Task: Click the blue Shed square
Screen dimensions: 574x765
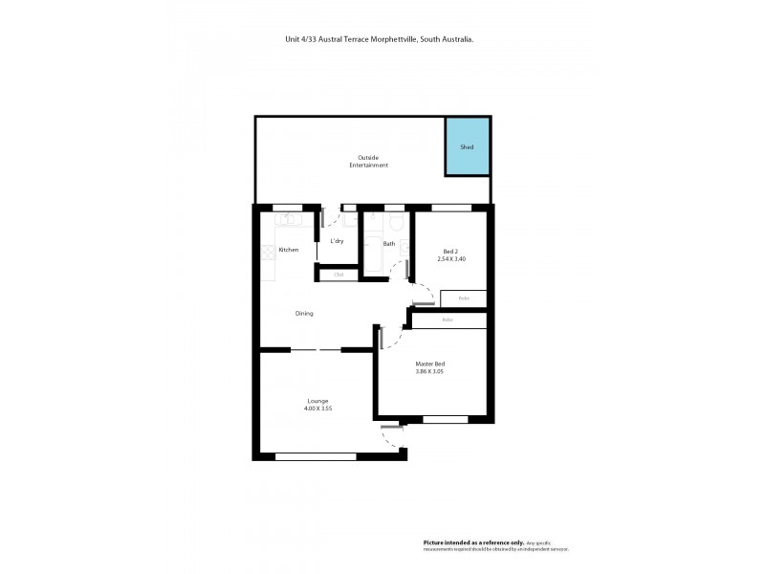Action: (468, 146)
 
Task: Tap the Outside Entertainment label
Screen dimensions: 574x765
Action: (373, 162)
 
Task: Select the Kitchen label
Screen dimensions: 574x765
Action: (288, 250)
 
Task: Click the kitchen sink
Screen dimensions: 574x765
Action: (290, 220)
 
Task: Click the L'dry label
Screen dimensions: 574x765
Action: (337, 241)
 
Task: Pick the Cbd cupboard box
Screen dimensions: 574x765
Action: (338, 276)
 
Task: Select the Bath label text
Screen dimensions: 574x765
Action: (389, 244)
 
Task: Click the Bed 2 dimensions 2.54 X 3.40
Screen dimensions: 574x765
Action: (450, 259)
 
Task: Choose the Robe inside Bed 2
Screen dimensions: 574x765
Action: (464, 298)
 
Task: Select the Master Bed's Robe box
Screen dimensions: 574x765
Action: (448, 320)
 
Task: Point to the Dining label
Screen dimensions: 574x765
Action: (304, 313)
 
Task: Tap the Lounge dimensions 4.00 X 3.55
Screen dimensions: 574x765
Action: (318, 408)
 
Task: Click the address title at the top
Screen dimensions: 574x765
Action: (382, 40)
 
